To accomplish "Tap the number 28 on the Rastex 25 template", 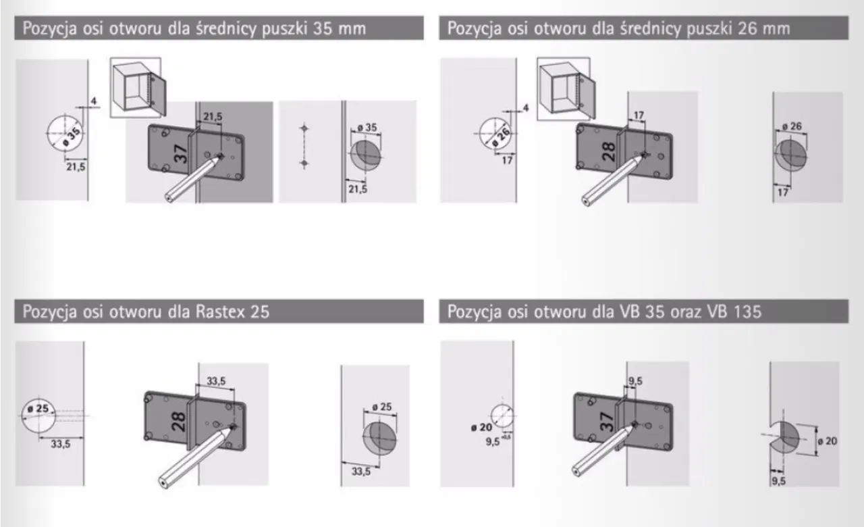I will click(179, 422).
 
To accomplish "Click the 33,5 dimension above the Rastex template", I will click(216, 382).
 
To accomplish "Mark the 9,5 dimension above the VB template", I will click(635, 382).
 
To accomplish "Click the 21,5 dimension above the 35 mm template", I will click(213, 117).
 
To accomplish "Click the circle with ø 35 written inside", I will click(66, 133).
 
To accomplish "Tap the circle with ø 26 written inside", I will click(497, 134).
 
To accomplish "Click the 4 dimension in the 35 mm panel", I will click(94, 101).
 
